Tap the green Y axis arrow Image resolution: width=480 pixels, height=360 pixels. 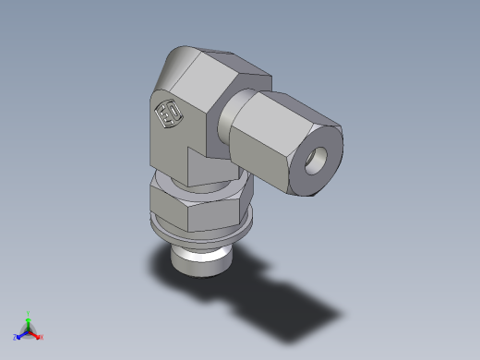[x=29, y=319]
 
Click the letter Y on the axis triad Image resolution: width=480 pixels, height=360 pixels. [x=29, y=312]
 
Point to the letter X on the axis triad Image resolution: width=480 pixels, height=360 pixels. [x=42, y=337]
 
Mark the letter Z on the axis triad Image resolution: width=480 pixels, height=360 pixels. [x=14, y=337]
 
